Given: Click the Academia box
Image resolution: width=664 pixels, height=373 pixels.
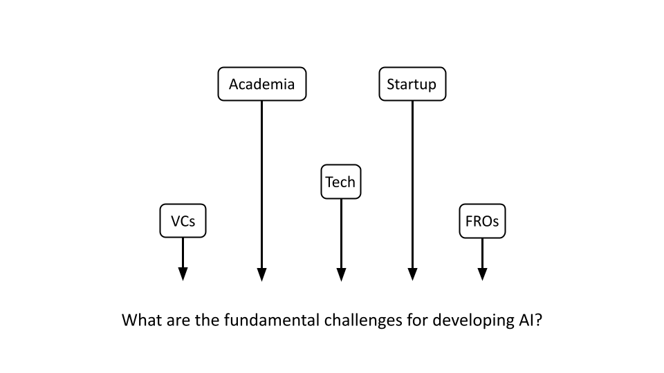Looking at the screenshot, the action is click(261, 84).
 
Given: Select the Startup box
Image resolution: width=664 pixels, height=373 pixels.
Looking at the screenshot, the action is click(412, 84).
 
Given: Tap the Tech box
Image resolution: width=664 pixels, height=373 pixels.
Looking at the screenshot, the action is click(340, 182).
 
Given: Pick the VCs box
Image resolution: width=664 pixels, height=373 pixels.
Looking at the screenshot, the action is click(183, 221).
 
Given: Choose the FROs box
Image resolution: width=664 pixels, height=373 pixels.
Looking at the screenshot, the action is click(482, 221).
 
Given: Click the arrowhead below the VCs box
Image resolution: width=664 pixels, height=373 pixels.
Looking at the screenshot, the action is click(183, 274).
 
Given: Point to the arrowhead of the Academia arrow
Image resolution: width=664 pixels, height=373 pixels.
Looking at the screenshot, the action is click(261, 274).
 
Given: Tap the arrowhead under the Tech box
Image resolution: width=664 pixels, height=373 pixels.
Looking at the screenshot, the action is click(341, 274).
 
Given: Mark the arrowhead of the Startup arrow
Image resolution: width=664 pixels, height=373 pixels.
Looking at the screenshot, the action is click(412, 274).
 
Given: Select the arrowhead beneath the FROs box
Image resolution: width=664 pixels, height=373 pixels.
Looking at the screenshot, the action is click(482, 274).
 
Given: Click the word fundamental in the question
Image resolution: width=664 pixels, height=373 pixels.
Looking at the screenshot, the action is click(270, 321).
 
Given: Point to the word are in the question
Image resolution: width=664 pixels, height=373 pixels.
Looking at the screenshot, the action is click(175, 321).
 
